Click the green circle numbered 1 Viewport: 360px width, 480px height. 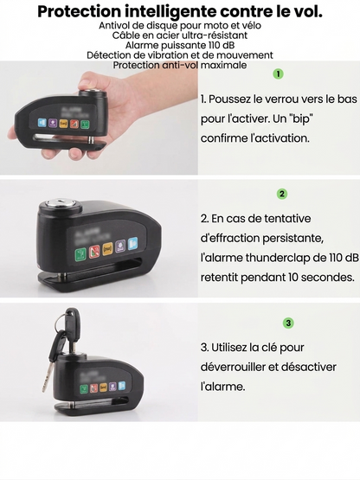coord(278,75)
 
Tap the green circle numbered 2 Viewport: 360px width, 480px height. coord(282,195)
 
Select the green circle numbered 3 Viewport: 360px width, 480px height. coord(288,323)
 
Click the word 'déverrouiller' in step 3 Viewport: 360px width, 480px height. coord(233,368)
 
